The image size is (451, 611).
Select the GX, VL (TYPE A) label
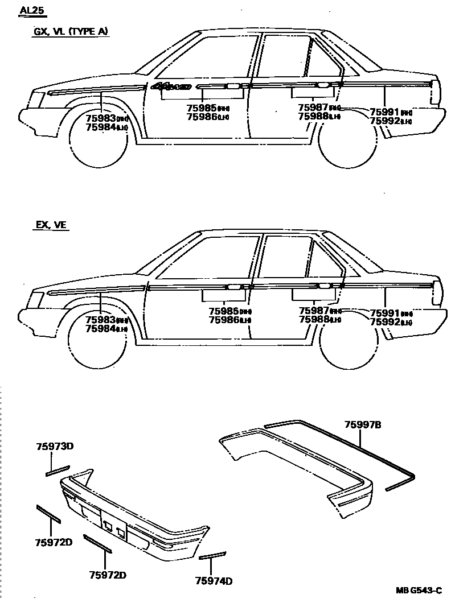click(x=70, y=32)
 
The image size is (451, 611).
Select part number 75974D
click(x=214, y=581)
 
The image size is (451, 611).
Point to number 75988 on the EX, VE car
click(x=313, y=320)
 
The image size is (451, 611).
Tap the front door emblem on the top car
click(x=170, y=87)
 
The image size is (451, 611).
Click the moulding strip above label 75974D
click(x=213, y=555)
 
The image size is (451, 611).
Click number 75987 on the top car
click(x=313, y=108)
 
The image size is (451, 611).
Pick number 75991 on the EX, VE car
click(x=384, y=313)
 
